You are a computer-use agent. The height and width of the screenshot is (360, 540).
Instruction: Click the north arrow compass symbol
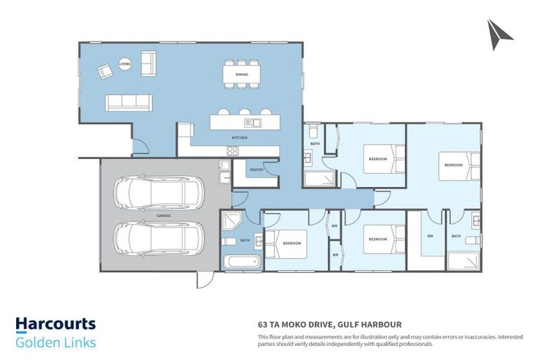tap(500, 34)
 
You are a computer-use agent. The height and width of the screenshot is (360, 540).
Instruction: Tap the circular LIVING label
tap(124, 63)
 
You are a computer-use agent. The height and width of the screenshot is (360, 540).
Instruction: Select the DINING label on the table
tap(241, 73)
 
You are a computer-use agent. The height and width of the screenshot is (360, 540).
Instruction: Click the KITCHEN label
tap(240, 138)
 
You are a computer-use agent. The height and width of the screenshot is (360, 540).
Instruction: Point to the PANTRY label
tap(256, 169)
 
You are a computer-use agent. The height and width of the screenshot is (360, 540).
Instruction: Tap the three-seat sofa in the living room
tap(129, 103)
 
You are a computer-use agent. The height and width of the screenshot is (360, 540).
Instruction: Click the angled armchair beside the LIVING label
tap(105, 70)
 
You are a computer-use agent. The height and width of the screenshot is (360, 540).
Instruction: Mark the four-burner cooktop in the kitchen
tap(233, 150)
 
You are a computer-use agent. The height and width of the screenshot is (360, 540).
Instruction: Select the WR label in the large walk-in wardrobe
tap(430, 236)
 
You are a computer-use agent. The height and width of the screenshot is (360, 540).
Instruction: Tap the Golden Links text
tap(56, 342)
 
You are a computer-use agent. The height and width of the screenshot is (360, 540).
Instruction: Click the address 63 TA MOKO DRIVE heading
tap(329, 325)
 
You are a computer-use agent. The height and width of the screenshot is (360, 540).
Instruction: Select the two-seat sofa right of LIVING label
tap(149, 63)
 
